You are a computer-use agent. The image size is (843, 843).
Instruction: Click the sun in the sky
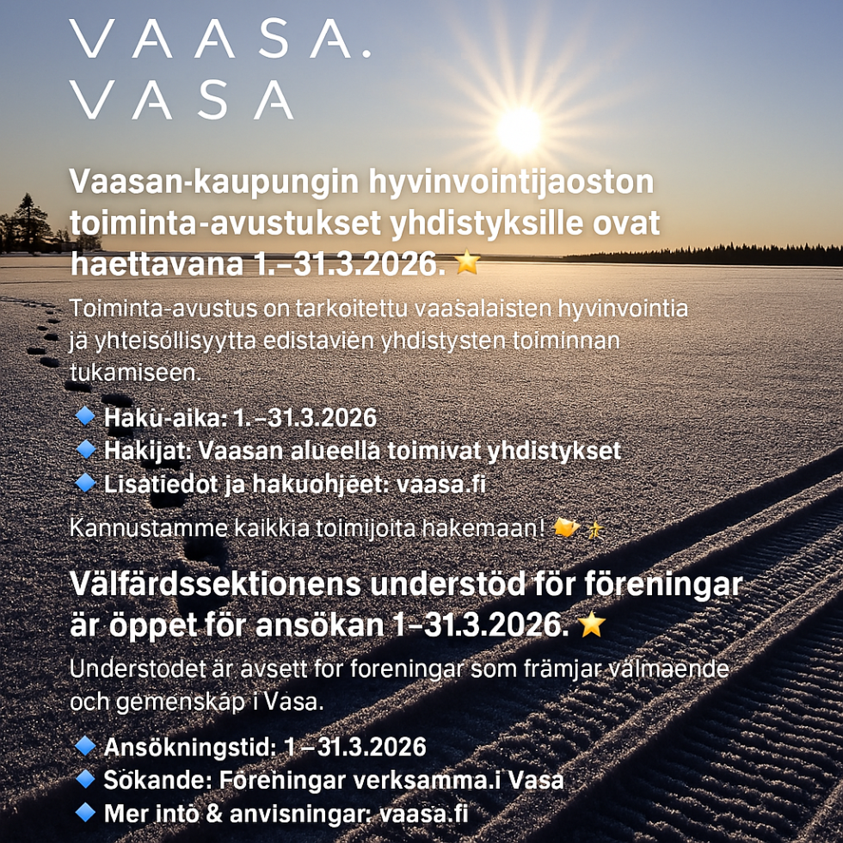519,129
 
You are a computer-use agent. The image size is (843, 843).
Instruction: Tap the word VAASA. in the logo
220,39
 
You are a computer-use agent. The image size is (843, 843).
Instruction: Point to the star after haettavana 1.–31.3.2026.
467,262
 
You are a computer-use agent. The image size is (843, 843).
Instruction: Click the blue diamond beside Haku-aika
84,417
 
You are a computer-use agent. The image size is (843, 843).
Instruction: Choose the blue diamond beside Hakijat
84,449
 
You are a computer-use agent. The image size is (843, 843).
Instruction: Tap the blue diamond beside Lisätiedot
84,483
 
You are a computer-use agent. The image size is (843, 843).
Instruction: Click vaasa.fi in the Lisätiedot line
440,484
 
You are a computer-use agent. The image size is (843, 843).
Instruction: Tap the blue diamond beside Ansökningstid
84,746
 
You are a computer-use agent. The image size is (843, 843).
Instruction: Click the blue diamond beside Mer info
84,811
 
